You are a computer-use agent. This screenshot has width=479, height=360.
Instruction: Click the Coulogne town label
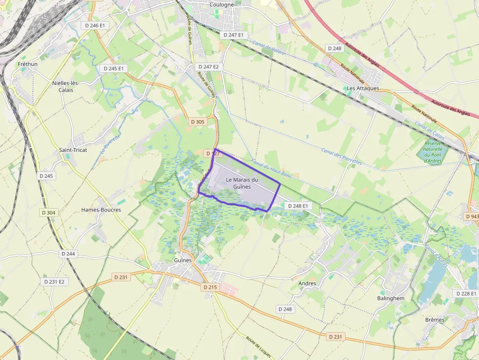tap(222, 4)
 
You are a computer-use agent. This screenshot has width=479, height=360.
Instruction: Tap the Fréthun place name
tap(27, 64)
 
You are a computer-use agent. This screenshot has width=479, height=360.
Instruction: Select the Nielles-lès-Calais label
tap(66, 86)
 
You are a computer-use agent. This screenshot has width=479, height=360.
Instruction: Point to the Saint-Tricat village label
tap(73, 150)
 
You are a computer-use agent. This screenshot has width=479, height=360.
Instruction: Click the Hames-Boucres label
tap(101, 210)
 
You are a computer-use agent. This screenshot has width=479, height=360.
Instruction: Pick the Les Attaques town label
tap(363, 88)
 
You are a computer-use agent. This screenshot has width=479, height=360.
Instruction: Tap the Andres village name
tap(307, 283)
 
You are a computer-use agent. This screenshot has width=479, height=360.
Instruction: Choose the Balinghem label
tap(391, 298)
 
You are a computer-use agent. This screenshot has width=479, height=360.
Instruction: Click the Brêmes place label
tap(435, 320)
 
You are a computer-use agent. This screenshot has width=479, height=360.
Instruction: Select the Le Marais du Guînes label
tap(242, 183)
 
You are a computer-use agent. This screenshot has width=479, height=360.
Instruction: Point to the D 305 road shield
tap(197, 122)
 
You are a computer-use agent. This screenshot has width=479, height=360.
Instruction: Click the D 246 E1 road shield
tap(95, 25)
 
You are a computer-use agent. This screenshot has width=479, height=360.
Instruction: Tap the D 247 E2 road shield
tap(209, 66)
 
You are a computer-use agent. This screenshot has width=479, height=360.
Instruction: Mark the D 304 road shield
tap(49, 212)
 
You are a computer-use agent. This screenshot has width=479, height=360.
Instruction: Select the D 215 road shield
tap(209, 287)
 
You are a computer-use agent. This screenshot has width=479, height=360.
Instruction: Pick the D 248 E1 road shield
tap(298, 206)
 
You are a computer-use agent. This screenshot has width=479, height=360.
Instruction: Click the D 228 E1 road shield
tap(466, 294)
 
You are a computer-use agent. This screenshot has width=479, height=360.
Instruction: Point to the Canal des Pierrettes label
tap(342, 156)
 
